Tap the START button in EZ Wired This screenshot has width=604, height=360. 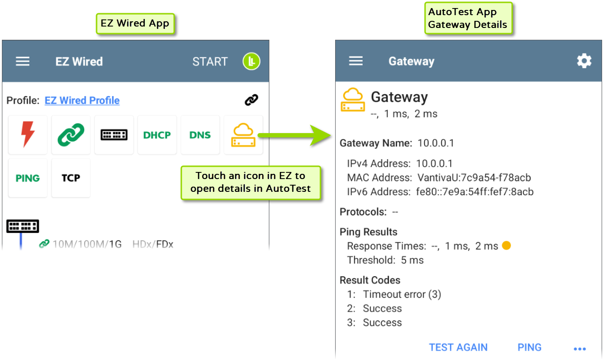(210, 62)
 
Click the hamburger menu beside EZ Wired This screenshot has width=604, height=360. (23, 62)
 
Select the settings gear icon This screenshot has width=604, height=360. (584, 61)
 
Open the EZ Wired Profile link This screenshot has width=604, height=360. (82, 100)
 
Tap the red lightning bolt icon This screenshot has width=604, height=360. (28, 135)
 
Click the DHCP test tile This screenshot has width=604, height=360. (157, 135)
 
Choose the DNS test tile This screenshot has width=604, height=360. (200, 135)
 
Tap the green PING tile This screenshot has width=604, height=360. (28, 178)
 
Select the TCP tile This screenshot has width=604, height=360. (71, 178)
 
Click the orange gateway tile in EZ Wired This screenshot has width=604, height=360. (243, 135)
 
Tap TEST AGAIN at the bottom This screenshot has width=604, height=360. (458, 348)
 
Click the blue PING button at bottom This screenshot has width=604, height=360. (529, 348)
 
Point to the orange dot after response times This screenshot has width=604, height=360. (506, 246)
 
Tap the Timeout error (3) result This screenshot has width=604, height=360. (402, 294)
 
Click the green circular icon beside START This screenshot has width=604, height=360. (252, 62)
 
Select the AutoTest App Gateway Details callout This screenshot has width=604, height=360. (468, 19)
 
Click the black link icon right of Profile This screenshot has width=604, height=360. (251, 100)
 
